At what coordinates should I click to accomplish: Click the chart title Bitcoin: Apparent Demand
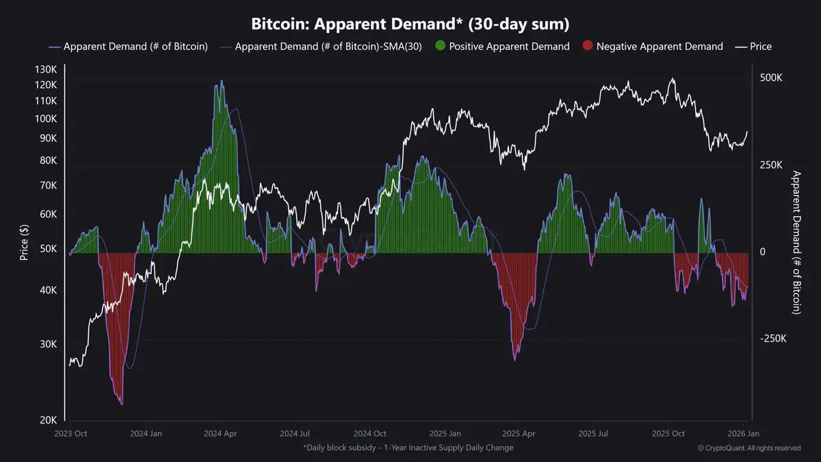click(x=410, y=24)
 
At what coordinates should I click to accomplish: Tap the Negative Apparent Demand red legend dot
click(x=587, y=47)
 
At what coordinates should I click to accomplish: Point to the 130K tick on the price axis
click(x=45, y=70)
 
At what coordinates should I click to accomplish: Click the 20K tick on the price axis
click(x=48, y=420)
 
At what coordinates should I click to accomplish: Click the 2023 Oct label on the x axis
click(x=71, y=433)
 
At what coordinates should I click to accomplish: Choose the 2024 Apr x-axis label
click(x=221, y=433)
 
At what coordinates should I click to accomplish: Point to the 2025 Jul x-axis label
click(x=592, y=433)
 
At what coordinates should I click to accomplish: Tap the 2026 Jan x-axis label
click(x=742, y=433)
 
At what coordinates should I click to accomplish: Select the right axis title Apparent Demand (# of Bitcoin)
click(x=796, y=243)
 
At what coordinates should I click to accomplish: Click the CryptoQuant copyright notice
click(x=749, y=448)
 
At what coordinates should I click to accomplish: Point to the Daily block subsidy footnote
click(x=408, y=448)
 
